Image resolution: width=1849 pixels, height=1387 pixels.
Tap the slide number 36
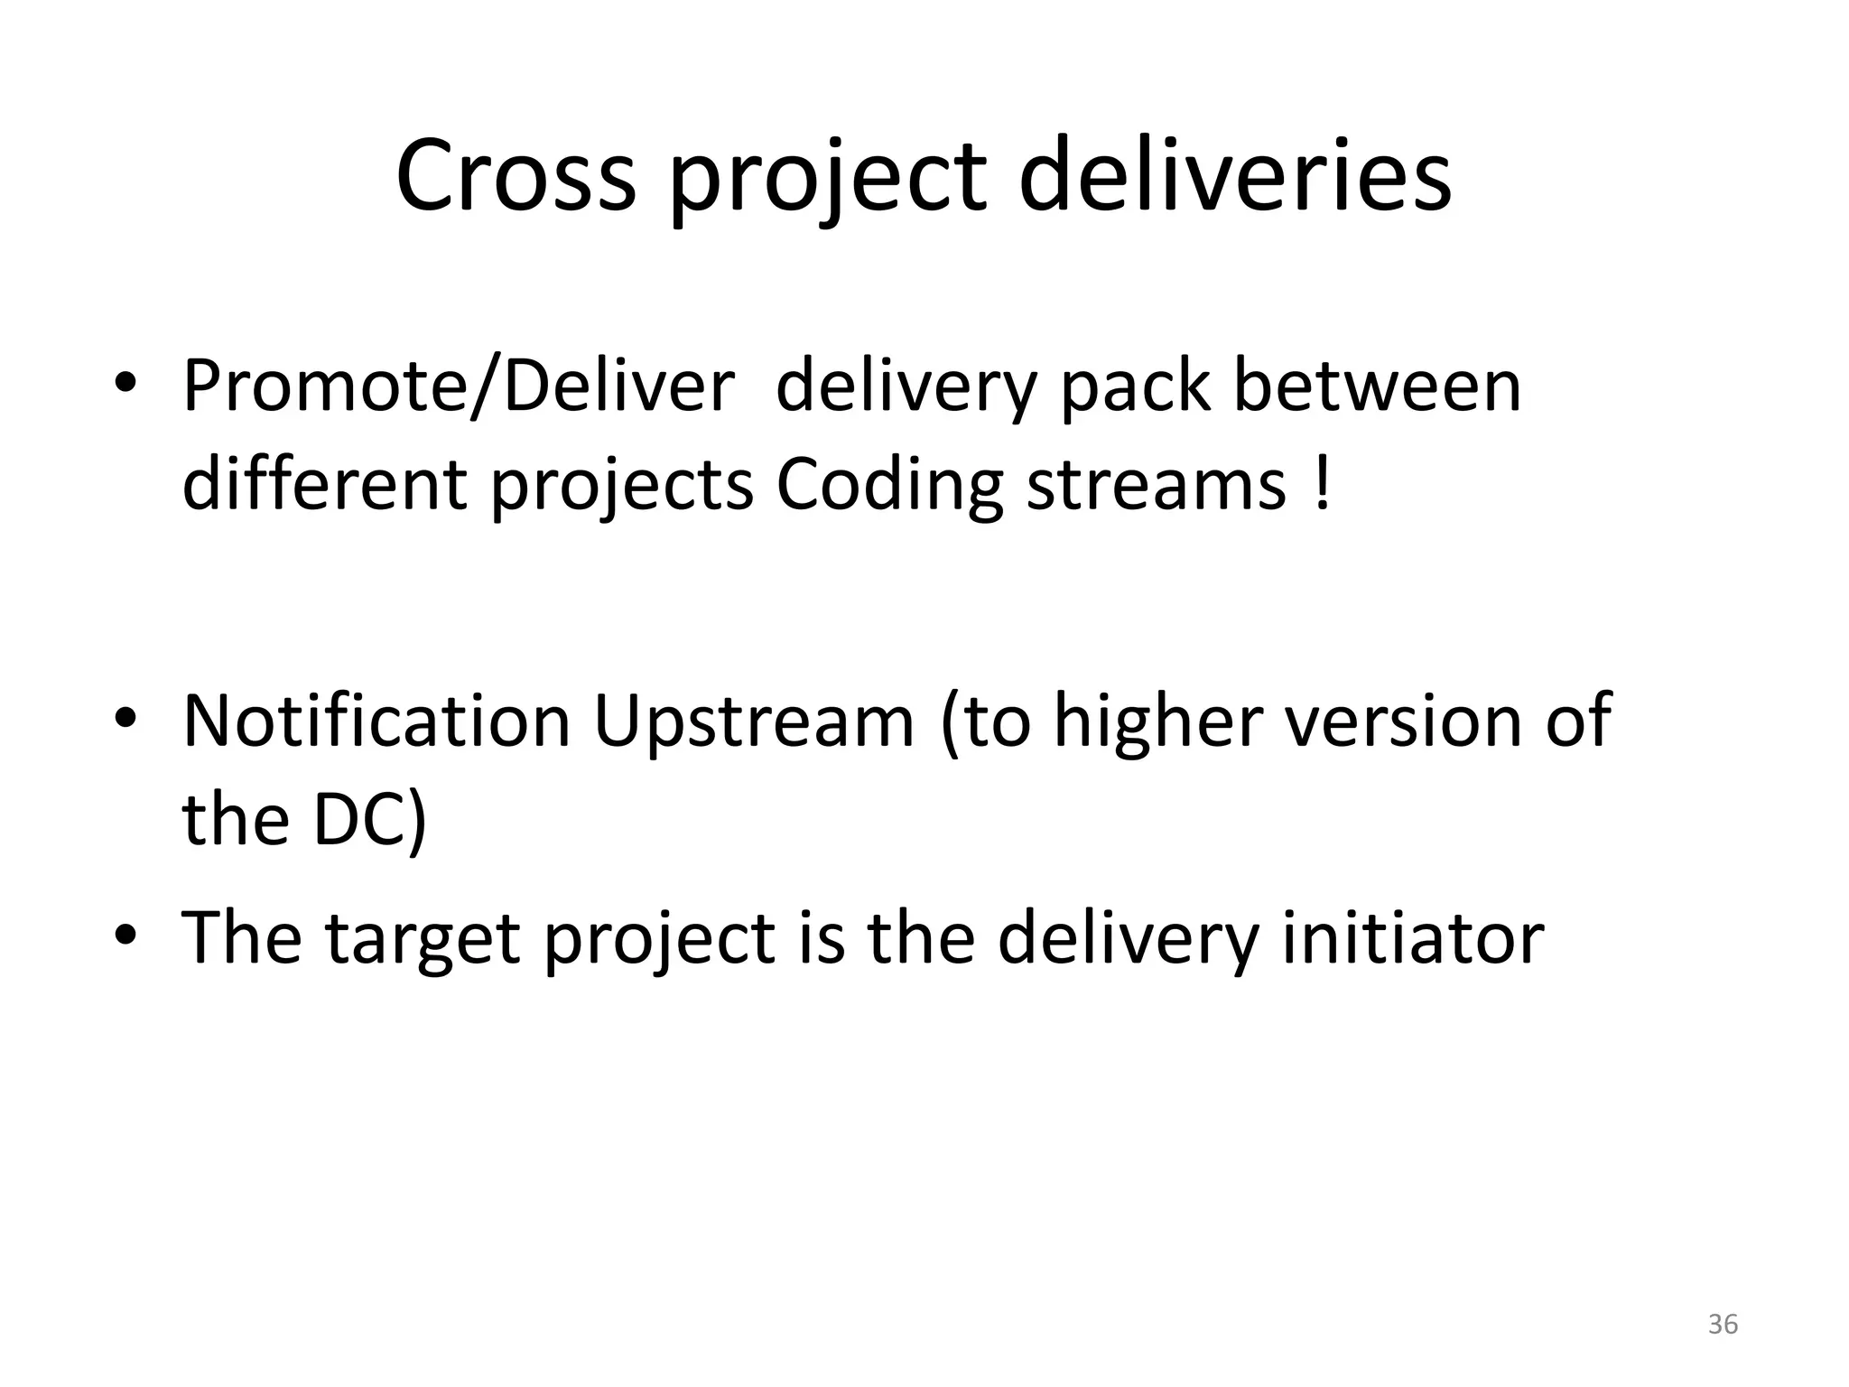click(x=1723, y=1324)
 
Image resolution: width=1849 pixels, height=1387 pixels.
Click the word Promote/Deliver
click(x=459, y=386)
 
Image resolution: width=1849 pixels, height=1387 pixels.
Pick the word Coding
click(x=889, y=486)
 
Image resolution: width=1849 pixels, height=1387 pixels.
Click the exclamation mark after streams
click(x=1323, y=486)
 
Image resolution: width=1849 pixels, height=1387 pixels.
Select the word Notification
click(x=376, y=721)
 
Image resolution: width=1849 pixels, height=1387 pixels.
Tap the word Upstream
click(x=754, y=721)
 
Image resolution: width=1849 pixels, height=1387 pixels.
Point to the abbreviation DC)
click(x=369, y=820)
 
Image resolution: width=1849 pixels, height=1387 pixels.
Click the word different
click(x=324, y=486)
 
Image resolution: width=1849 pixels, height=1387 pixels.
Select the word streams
click(x=1156, y=486)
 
